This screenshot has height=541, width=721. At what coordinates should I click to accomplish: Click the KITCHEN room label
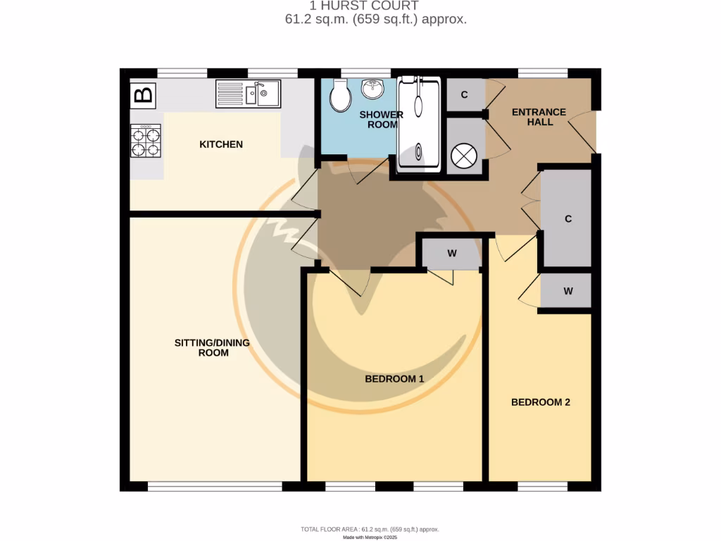[221, 144]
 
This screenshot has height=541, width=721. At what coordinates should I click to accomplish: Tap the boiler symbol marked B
[143, 95]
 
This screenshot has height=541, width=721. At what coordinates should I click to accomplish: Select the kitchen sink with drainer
[248, 94]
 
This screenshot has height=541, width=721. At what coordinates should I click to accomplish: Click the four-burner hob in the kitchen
[146, 140]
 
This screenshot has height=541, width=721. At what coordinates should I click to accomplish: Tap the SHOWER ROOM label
[381, 120]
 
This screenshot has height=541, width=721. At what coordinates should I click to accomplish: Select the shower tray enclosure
[419, 124]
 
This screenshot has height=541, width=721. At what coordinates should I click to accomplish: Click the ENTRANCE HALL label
[539, 117]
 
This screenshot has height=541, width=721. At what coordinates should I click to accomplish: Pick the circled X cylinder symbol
[465, 156]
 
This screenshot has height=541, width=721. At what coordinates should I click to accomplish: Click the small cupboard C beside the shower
[465, 95]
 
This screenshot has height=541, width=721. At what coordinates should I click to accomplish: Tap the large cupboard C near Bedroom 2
[568, 218]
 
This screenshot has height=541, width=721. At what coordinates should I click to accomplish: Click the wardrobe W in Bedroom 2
[568, 291]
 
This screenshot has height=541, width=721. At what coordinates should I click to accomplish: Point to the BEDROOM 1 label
[394, 379]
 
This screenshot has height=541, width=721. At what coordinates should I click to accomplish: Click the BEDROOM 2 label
[540, 402]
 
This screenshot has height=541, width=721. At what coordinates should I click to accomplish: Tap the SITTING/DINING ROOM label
[212, 347]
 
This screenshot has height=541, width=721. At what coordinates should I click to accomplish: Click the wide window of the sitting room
[215, 485]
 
